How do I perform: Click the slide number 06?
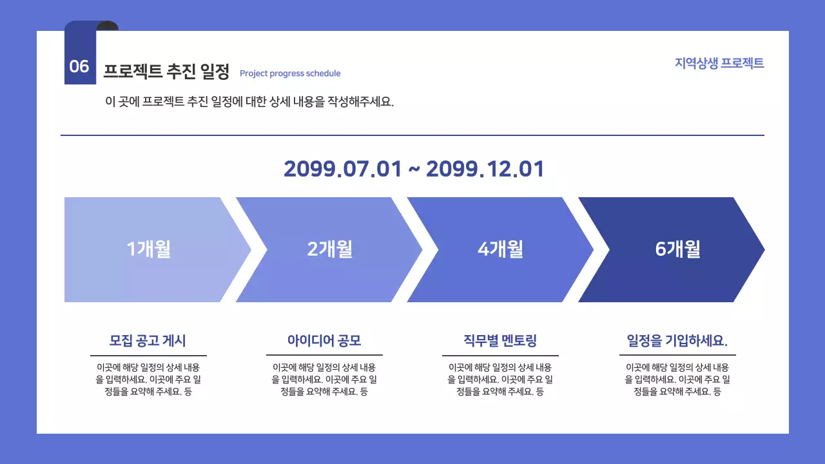click(x=79, y=66)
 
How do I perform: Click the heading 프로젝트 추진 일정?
click(x=166, y=72)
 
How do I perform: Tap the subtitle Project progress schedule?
click(x=290, y=73)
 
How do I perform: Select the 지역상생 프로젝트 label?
click(x=719, y=63)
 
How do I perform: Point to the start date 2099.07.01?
click(x=342, y=169)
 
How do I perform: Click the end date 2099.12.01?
click(x=485, y=169)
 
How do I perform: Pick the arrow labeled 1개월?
click(x=149, y=249)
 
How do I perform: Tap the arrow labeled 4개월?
click(x=500, y=249)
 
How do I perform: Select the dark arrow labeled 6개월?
click(x=677, y=249)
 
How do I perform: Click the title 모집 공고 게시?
click(x=148, y=340)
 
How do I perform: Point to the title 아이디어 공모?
click(x=324, y=340)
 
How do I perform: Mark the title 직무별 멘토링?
click(x=500, y=340)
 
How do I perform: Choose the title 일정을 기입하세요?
click(x=677, y=340)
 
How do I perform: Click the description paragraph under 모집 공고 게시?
click(x=148, y=379)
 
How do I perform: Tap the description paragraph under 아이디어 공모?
click(x=324, y=379)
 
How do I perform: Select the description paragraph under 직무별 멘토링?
click(x=500, y=379)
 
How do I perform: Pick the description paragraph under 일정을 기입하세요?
click(x=677, y=379)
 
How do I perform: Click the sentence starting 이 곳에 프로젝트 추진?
click(x=249, y=102)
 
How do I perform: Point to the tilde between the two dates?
click(x=414, y=170)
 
